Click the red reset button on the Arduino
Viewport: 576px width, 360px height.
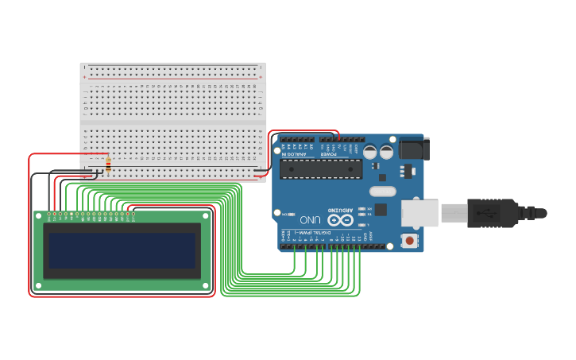(x=409, y=240)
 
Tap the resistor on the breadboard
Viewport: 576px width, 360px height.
(x=108, y=165)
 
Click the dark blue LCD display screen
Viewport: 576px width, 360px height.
(x=122, y=250)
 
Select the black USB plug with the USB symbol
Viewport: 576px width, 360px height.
(x=493, y=213)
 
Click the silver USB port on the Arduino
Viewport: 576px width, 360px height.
(x=419, y=213)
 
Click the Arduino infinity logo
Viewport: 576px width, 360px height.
(x=339, y=220)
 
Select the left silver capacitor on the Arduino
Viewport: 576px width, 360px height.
(x=370, y=151)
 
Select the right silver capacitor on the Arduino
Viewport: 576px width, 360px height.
(x=387, y=151)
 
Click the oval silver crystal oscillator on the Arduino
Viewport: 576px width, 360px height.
(x=382, y=191)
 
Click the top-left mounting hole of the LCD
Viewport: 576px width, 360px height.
(x=38, y=215)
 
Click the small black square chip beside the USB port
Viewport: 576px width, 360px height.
(x=381, y=210)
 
